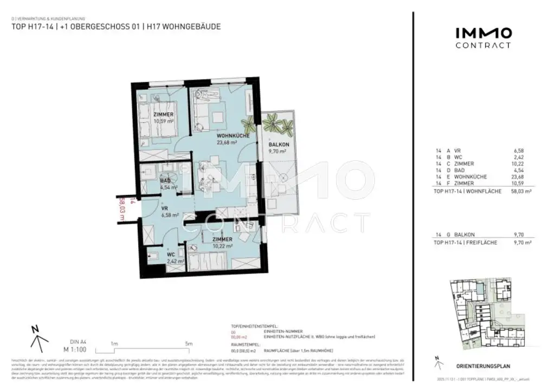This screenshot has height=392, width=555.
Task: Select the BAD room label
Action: [x=165, y=181]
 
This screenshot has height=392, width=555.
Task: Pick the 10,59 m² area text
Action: [x=163, y=121]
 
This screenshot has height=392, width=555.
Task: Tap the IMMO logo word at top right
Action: [x=483, y=34]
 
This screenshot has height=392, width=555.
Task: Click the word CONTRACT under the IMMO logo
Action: [x=483, y=45]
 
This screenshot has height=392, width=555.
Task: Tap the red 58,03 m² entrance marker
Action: [x=122, y=209]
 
